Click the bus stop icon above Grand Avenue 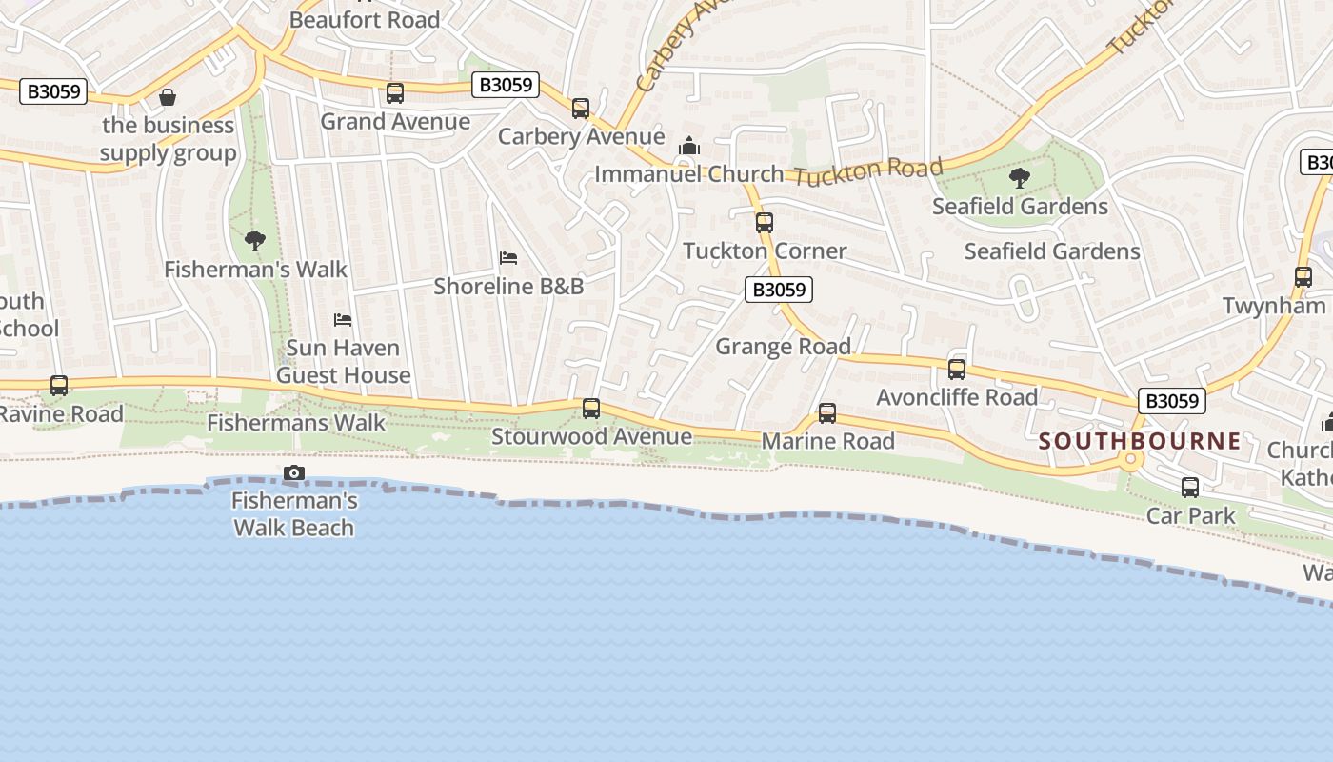coord(394,93)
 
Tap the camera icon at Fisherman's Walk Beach coord(294,472)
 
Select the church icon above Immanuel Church coord(688,147)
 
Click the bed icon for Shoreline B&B coord(508,258)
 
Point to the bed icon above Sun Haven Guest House coord(343,320)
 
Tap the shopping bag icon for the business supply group coord(168,97)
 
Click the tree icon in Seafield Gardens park coord(1019,177)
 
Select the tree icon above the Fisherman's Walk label coord(254,241)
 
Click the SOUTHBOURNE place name coord(1140,441)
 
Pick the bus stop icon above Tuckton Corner coord(764,223)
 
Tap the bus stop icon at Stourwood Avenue coord(591,409)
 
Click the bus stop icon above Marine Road coord(827,413)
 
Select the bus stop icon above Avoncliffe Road coord(957,370)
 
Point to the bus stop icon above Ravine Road coord(59,386)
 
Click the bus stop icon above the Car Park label coord(1190,488)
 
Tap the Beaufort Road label coord(365,19)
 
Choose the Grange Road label coord(783,347)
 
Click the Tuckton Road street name coord(867,173)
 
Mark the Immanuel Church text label coord(688,174)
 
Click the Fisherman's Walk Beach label coord(294,514)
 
